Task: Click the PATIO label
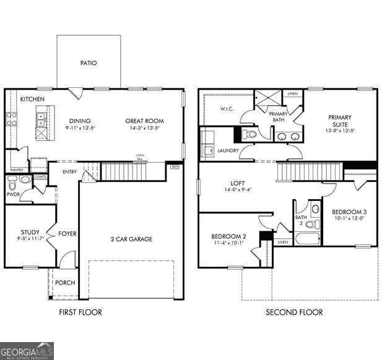point(89,62)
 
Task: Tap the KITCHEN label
point(31,99)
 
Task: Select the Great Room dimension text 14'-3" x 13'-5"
point(144,129)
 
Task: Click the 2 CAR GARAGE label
point(131,239)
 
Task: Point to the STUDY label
point(30,233)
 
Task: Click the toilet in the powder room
point(24,180)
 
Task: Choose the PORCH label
point(65,283)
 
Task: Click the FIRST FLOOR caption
point(80,312)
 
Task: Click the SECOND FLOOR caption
point(294,312)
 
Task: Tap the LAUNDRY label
point(228,150)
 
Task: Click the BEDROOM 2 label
point(228,236)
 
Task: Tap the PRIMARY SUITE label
point(340,121)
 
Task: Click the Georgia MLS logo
point(27,351)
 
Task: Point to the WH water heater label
point(175,166)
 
